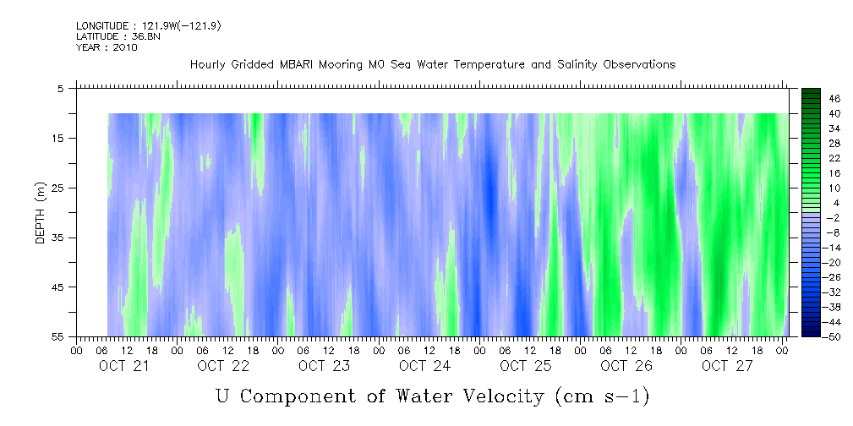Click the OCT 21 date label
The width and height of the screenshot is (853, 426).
(x=123, y=366)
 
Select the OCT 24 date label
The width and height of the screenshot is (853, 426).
(x=425, y=366)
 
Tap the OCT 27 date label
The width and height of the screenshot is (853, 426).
(x=726, y=366)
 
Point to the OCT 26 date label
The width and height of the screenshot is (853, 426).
(x=626, y=366)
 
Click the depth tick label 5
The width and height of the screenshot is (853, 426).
(x=61, y=88)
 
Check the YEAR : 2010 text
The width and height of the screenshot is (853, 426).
(x=107, y=47)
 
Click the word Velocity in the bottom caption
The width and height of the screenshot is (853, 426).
(x=489, y=395)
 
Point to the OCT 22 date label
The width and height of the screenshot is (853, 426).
(x=223, y=366)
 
